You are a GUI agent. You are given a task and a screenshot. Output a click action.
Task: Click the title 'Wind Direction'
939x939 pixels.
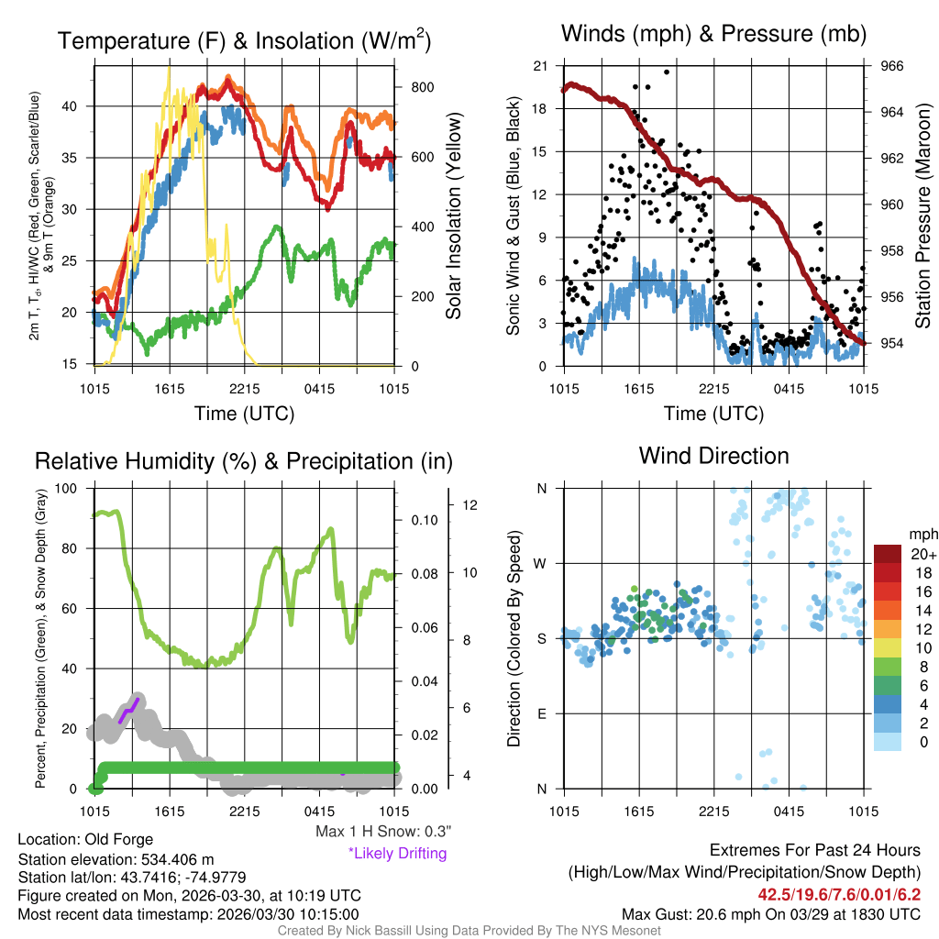tap(713, 456)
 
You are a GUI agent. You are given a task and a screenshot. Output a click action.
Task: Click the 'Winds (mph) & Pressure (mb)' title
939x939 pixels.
tap(713, 35)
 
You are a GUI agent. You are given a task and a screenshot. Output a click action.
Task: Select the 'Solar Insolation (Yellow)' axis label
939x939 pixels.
tap(453, 216)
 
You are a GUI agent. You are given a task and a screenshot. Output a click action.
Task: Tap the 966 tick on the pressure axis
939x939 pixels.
tap(892, 66)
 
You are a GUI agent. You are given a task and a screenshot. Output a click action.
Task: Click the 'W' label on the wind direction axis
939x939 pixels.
tap(541, 563)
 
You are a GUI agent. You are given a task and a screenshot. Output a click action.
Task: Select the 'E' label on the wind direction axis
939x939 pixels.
tap(541, 713)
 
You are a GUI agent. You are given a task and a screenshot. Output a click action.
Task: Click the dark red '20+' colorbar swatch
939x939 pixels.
tap(889, 555)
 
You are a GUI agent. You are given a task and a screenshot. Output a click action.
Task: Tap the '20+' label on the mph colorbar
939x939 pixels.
tap(922, 555)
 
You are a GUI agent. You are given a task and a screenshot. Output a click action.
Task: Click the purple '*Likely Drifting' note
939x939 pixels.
tap(397, 853)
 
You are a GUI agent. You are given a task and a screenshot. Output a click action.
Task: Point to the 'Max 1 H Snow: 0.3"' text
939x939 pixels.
tap(383, 832)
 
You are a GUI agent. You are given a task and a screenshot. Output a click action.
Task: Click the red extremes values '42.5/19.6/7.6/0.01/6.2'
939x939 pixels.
tap(839, 893)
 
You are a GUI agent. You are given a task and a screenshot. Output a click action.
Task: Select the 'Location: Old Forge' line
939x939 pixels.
tap(85, 839)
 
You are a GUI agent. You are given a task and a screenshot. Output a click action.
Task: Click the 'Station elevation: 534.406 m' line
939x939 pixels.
tap(116, 859)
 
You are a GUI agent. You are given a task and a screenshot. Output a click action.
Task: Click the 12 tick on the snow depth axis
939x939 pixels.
tap(468, 505)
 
